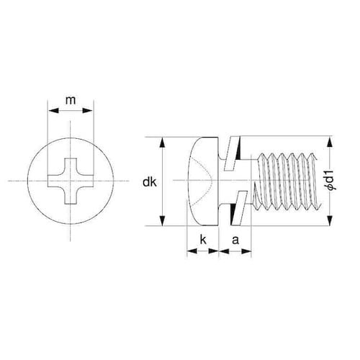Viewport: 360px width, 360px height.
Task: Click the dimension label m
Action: pos(71,100)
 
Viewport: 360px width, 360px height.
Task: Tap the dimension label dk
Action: pos(149,182)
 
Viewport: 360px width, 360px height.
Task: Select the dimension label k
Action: pos(203,240)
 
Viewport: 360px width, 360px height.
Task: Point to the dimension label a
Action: pos(235,240)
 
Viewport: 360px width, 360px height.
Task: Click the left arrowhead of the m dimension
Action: pos(53,110)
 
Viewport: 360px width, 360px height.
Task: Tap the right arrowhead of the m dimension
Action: pos(87,110)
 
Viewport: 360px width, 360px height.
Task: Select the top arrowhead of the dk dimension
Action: pos(163,143)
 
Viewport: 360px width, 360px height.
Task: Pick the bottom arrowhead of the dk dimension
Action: pos(163,220)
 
